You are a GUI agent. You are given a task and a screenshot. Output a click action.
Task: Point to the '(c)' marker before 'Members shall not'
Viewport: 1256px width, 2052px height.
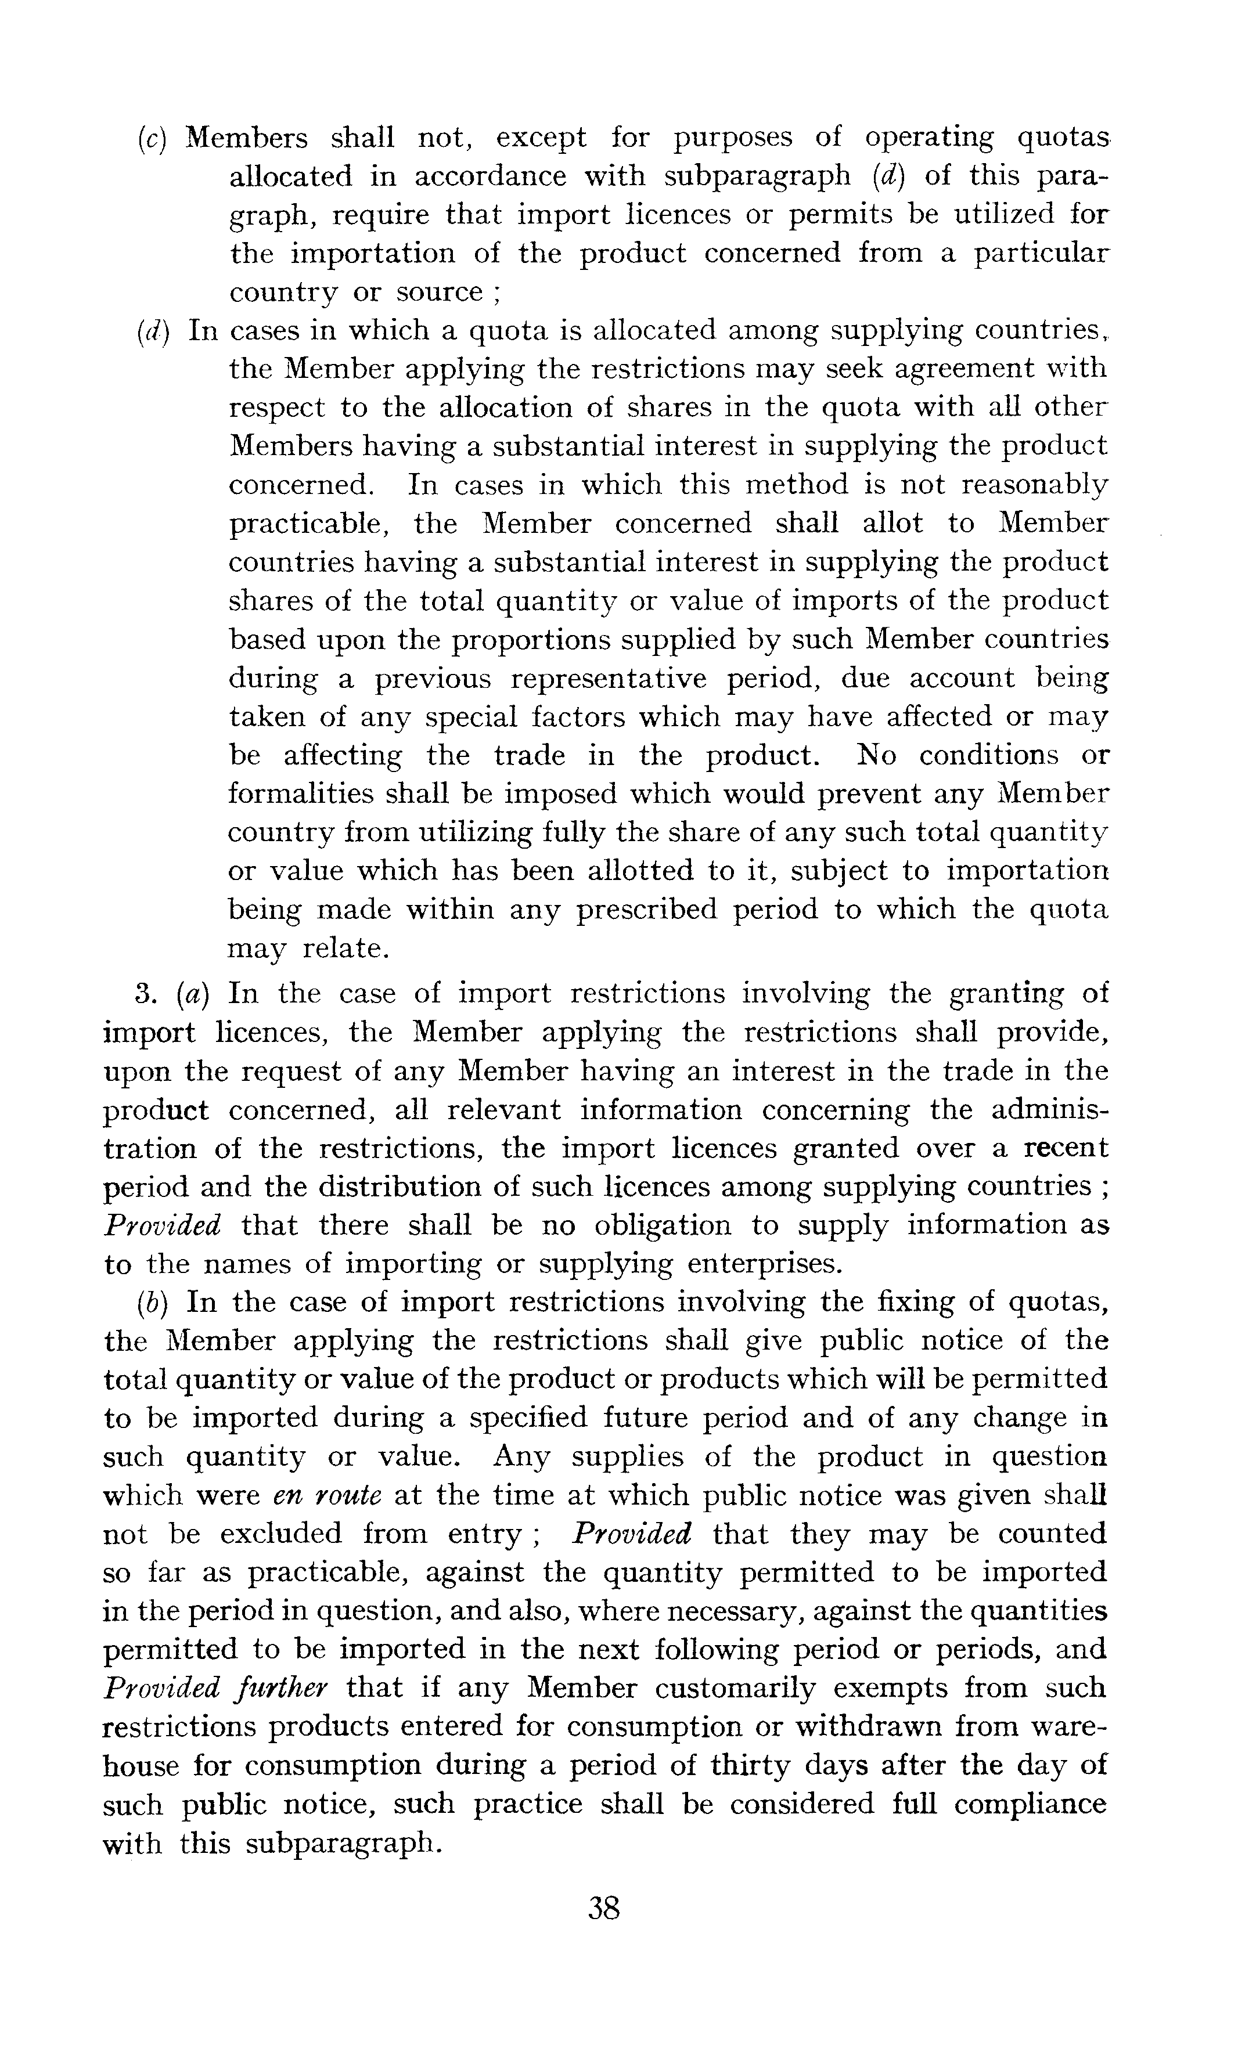point(152,138)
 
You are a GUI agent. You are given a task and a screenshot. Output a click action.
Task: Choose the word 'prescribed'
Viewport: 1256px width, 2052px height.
point(646,910)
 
